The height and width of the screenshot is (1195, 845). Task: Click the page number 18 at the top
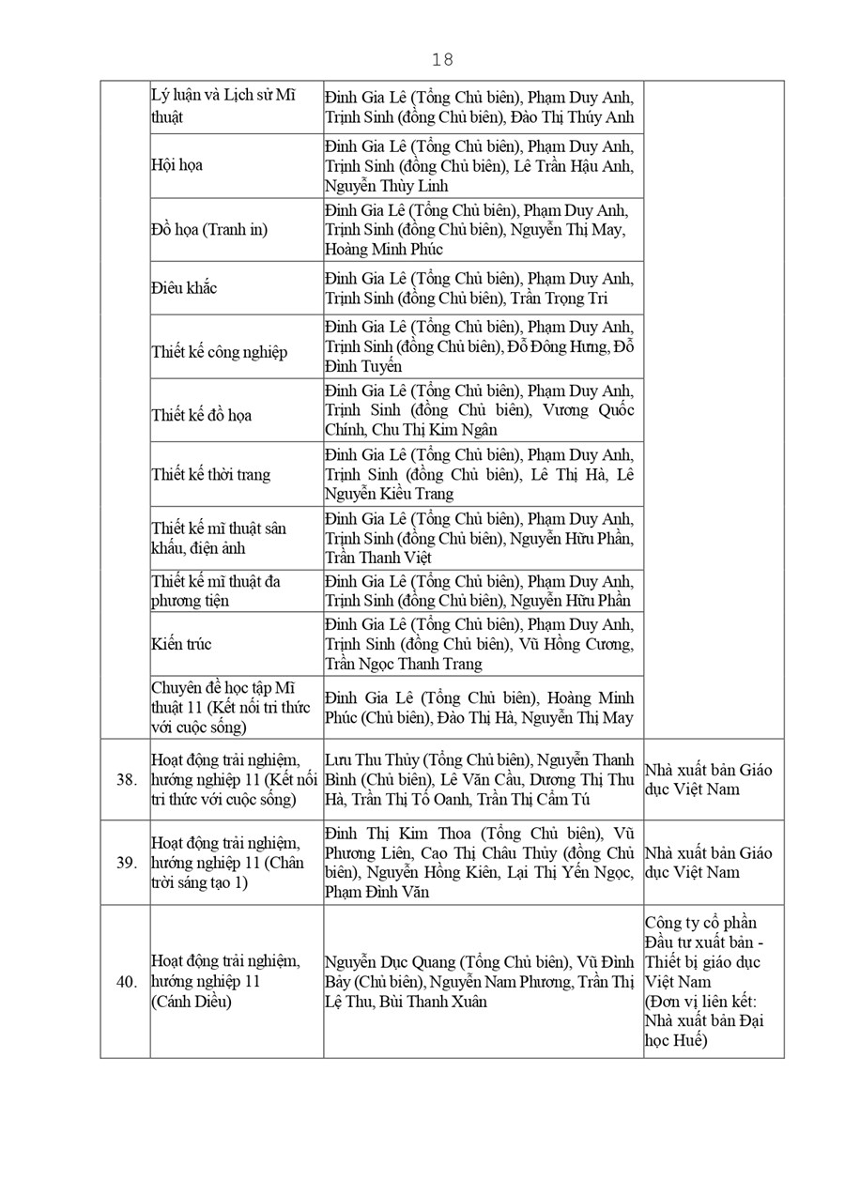click(x=442, y=60)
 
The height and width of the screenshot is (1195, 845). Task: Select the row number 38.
click(x=127, y=779)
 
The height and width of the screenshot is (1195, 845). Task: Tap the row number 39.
click(x=127, y=863)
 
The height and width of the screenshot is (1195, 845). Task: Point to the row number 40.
click(x=127, y=982)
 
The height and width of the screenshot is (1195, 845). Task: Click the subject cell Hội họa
click(x=177, y=165)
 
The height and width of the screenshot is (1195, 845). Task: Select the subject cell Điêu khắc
click(x=184, y=288)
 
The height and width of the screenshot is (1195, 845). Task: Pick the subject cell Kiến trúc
click(x=181, y=644)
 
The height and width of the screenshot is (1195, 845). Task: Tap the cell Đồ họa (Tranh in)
click(x=209, y=229)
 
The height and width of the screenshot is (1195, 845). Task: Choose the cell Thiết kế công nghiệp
click(x=220, y=352)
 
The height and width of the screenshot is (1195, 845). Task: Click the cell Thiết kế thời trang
click(x=211, y=474)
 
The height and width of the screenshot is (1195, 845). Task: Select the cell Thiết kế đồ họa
click(x=202, y=415)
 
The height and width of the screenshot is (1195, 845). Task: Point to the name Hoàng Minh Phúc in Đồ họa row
click(x=384, y=250)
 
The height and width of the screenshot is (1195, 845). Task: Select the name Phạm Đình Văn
click(x=377, y=892)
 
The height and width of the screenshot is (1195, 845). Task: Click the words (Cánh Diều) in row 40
click(x=192, y=1002)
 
